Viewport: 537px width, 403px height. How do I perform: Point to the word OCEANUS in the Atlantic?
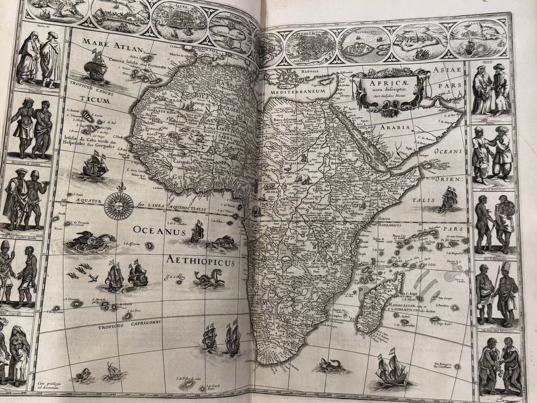coord(160,232)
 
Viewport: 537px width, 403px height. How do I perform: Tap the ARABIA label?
coord(397,128)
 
